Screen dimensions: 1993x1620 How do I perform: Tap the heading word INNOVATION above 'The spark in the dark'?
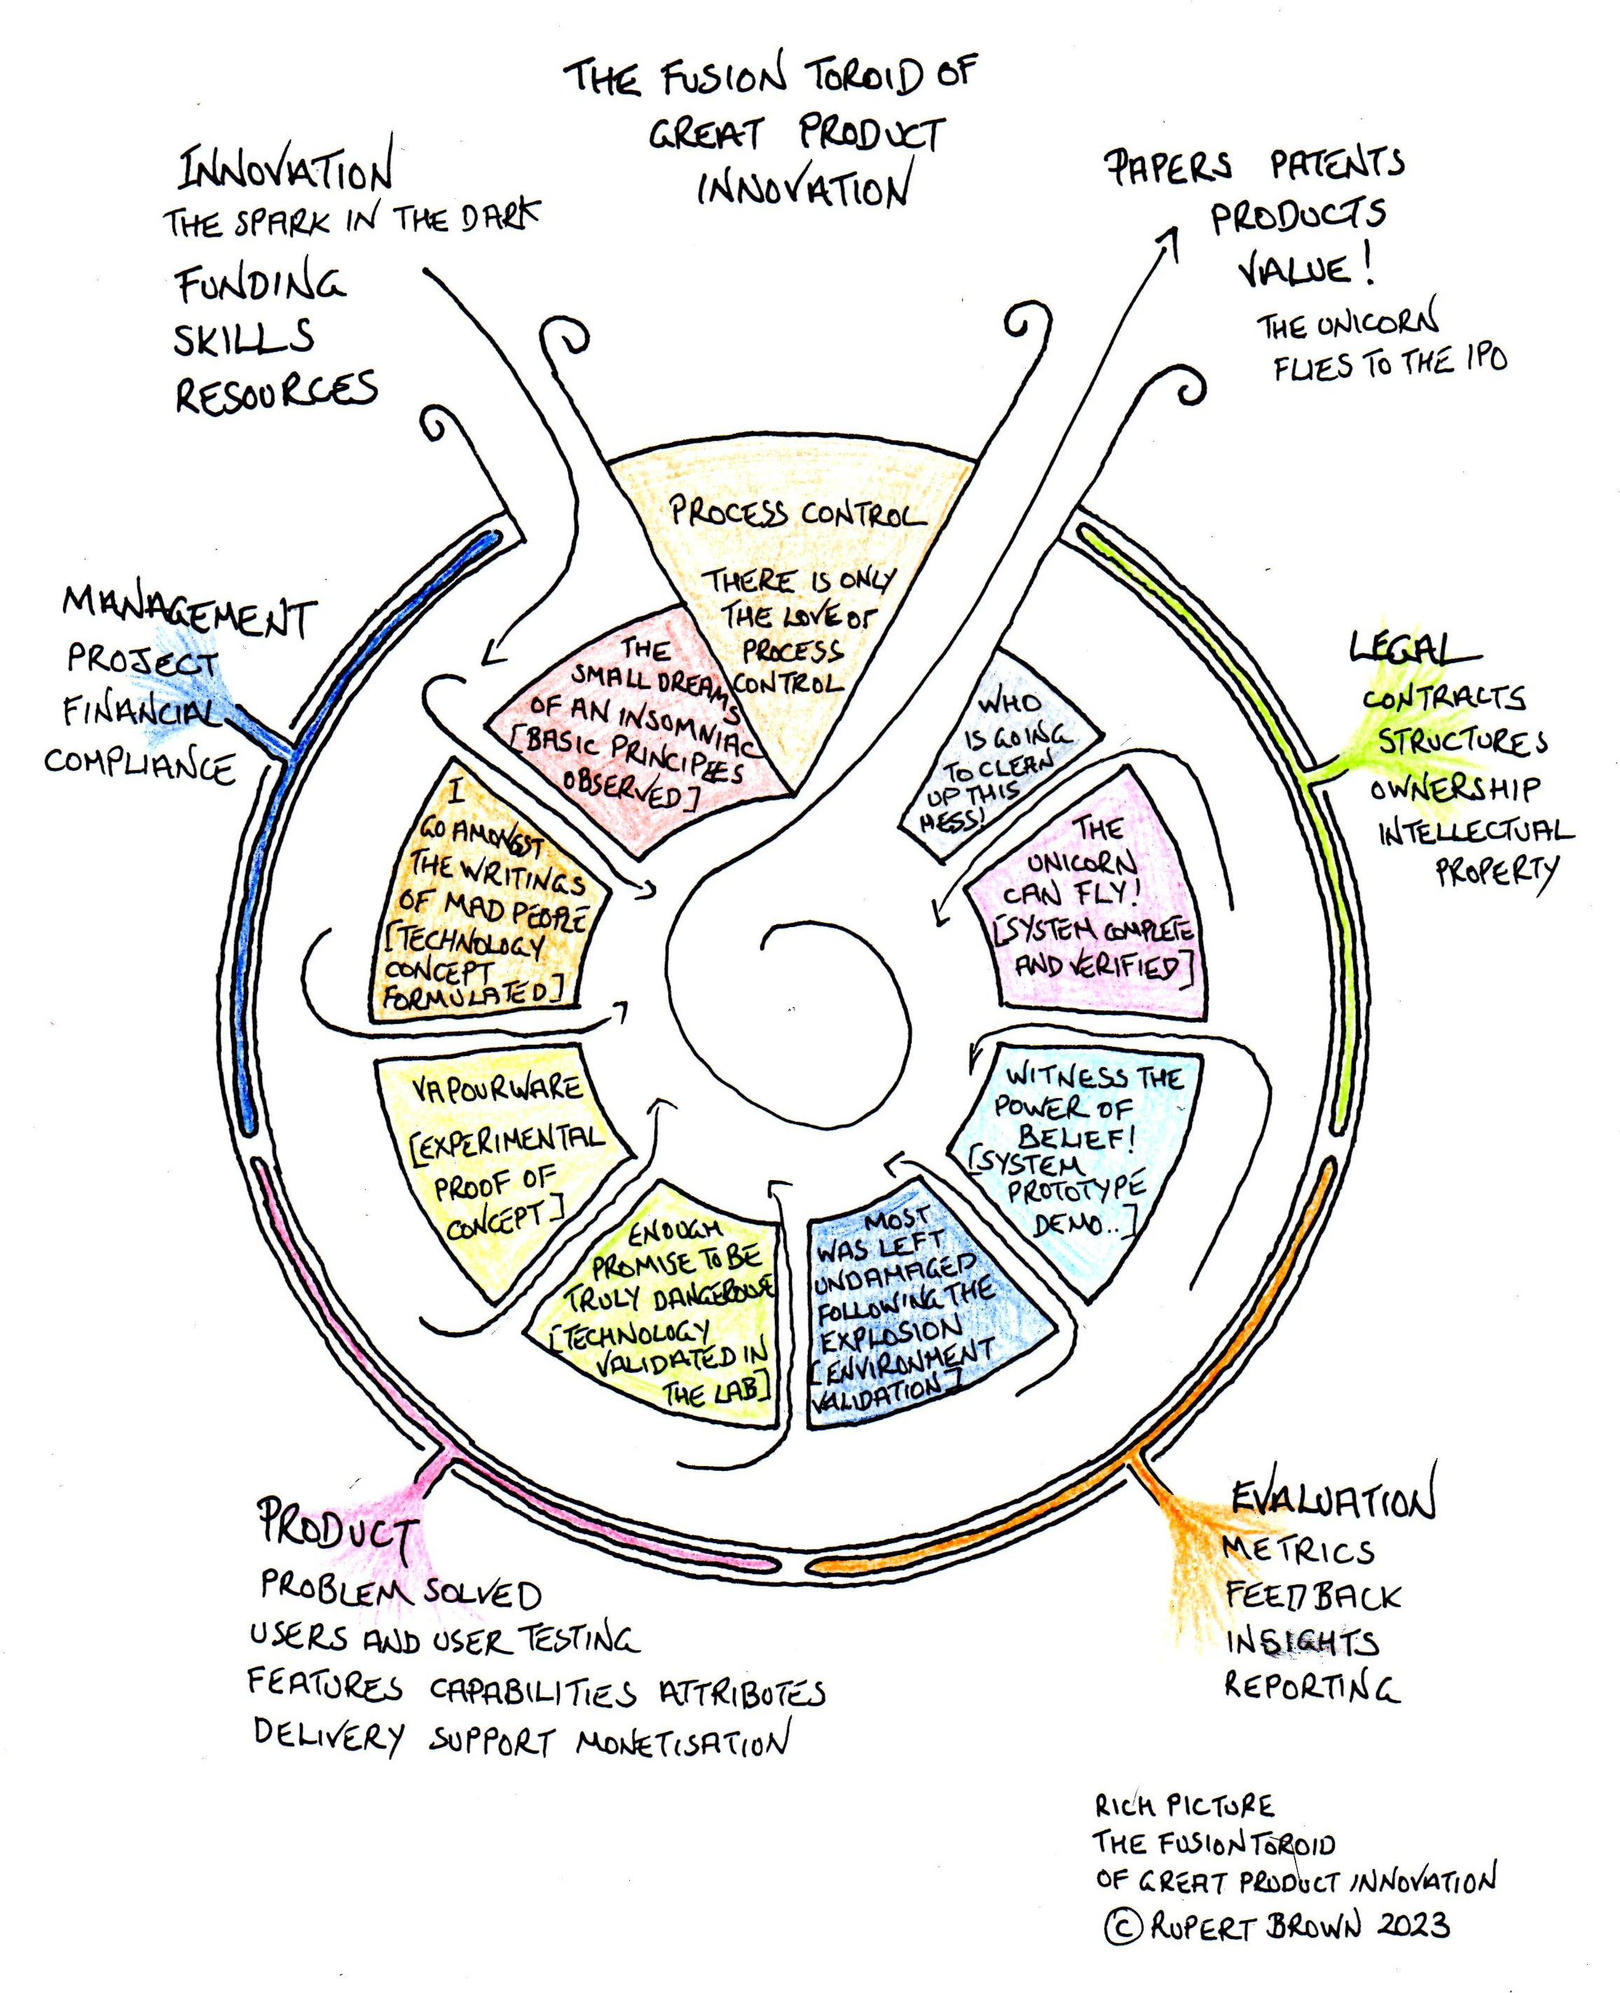[x=286, y=170]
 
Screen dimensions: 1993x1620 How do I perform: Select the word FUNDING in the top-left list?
[x=259, y=285]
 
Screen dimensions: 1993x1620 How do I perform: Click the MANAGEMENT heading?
[x=189, y=611]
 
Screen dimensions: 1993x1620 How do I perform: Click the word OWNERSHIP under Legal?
[x=1454, y=789]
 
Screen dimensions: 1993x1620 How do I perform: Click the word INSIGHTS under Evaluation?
[x=1302, y=1641]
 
